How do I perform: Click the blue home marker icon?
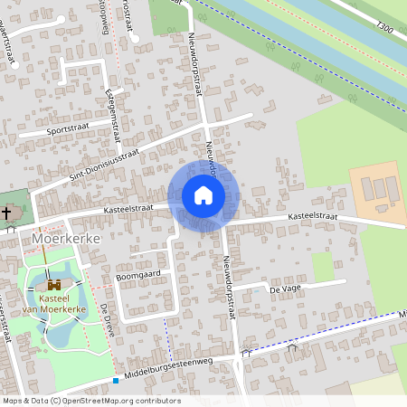click(203, 195)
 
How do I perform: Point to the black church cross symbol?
click(7, 213)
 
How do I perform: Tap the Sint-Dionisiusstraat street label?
click(93, 168)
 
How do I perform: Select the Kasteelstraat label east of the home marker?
click(312, 217)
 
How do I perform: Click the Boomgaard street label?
click(137, 272)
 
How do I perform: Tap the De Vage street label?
click(284, 289)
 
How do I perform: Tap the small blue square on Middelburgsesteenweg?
click(116, 380)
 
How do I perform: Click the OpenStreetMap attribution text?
click(90, 401)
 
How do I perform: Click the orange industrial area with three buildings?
click(378, 191)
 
